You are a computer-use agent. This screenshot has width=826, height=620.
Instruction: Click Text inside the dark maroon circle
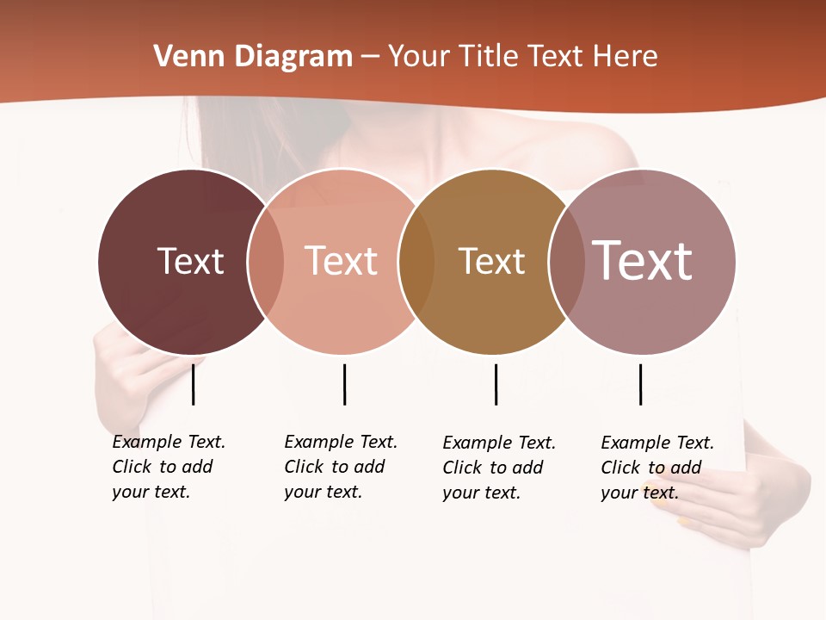click(x=190, y=261)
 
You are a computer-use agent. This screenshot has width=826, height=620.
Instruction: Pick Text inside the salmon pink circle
click(x=341, y=261)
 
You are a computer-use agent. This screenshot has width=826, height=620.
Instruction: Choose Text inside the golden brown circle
click(x=491, y=261)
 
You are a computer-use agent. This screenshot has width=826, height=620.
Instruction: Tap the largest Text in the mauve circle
click(x=643, y=260)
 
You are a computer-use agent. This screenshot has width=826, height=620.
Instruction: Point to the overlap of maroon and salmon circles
click(x=266, y=262)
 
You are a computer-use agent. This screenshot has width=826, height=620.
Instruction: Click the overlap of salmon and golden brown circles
click(x=416, y=262)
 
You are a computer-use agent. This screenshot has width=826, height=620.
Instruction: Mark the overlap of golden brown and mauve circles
click(x=566, y=262)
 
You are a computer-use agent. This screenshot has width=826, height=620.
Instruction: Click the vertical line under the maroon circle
click(x=194, y=384)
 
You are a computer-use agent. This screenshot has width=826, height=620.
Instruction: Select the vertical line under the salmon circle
click(x=344, y=384)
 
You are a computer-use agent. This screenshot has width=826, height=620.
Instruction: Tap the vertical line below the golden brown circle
click(x=496, y=384)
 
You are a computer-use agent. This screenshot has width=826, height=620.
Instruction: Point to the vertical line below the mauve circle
click(x=640, y=384)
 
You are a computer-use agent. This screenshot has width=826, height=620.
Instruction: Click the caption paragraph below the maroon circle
click(x=168, y=467)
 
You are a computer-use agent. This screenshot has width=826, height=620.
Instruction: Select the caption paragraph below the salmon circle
click(x=340, y=467)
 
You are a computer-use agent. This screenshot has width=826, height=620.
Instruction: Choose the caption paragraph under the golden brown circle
click(x=498, y=468)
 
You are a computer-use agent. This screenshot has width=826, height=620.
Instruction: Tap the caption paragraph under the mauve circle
click(x=656, y=468)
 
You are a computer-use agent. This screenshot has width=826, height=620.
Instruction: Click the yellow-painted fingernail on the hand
click(x=682, y=522)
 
